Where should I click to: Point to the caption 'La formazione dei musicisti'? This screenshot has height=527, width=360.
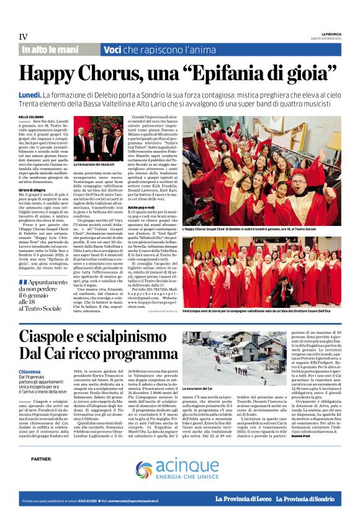(94, 164)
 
